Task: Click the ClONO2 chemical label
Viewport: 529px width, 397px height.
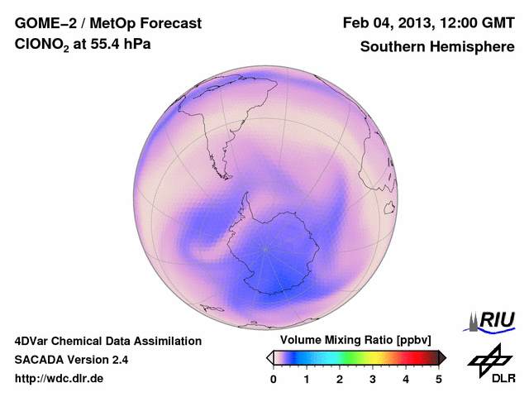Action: click(41, 47)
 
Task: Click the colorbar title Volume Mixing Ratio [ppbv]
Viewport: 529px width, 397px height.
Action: click(356, 340)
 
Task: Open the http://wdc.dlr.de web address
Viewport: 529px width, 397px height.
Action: click(60, 379)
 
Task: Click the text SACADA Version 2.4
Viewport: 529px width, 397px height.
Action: click(71, 360)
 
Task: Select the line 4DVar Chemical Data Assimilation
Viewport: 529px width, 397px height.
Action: click(107, 341)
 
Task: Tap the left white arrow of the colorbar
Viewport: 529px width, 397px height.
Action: click(269, 357)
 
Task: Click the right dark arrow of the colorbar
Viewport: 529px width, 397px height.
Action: click(442, 357)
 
